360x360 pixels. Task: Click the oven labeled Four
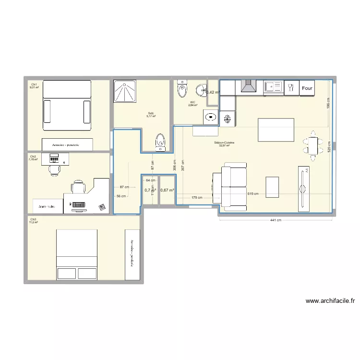(307, 88)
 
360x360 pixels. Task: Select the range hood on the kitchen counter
(248, 86)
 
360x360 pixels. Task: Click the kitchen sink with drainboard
(274, 87)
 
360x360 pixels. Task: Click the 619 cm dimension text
(253, 194)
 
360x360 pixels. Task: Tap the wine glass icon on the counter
(290, 87)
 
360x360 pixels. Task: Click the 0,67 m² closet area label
(167, 190)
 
